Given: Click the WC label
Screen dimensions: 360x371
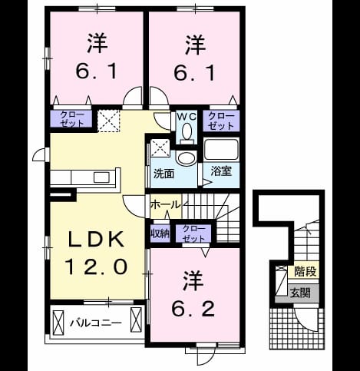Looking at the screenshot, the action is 187,117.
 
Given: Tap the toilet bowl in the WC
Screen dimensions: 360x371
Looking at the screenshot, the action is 187,131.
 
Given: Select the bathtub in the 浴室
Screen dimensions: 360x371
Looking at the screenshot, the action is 221,150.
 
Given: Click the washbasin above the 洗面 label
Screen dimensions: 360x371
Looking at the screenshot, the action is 187,158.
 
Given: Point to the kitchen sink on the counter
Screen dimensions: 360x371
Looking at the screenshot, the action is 101,177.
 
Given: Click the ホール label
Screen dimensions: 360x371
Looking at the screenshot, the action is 166,205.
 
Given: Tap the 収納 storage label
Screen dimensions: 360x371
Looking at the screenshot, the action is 160,234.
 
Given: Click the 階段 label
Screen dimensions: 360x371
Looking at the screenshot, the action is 306,271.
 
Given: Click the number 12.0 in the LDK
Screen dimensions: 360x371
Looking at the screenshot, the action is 96,267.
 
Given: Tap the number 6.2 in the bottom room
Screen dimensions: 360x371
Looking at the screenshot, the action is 193,309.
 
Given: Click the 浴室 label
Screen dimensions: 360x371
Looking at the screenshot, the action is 221,171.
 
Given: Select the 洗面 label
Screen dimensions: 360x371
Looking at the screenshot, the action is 163,174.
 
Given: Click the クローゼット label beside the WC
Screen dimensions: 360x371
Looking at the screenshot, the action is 221,121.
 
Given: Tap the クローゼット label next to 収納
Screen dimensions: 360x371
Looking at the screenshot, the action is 193,234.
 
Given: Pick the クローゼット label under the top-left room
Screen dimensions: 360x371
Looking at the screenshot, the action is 71,119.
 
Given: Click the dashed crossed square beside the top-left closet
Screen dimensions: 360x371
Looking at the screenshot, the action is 109,121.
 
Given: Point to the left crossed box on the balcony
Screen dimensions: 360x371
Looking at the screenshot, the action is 58,322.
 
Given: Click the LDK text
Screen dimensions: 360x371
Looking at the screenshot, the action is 95,240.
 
